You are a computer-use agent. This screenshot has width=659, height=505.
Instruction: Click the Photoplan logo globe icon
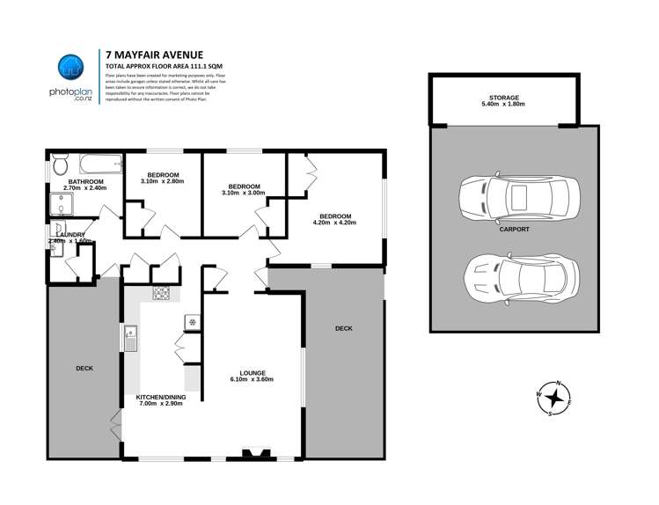[70, 69]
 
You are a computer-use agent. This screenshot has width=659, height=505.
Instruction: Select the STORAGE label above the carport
[504, 98]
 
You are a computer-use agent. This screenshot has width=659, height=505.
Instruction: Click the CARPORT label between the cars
[514, 229]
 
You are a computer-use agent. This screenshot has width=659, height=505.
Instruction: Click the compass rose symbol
[554, 399]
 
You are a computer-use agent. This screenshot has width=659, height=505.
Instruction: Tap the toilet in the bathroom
[59, 165]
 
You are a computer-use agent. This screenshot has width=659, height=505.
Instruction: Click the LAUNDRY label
[70, 235]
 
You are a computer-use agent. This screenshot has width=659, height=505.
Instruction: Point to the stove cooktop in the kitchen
[162, 294]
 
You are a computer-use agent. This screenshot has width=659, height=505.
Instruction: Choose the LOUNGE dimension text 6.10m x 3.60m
[253, 380]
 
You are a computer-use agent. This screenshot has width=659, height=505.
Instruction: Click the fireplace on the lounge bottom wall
[257, 454]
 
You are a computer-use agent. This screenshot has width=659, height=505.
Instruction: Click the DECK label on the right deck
[343, 328]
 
